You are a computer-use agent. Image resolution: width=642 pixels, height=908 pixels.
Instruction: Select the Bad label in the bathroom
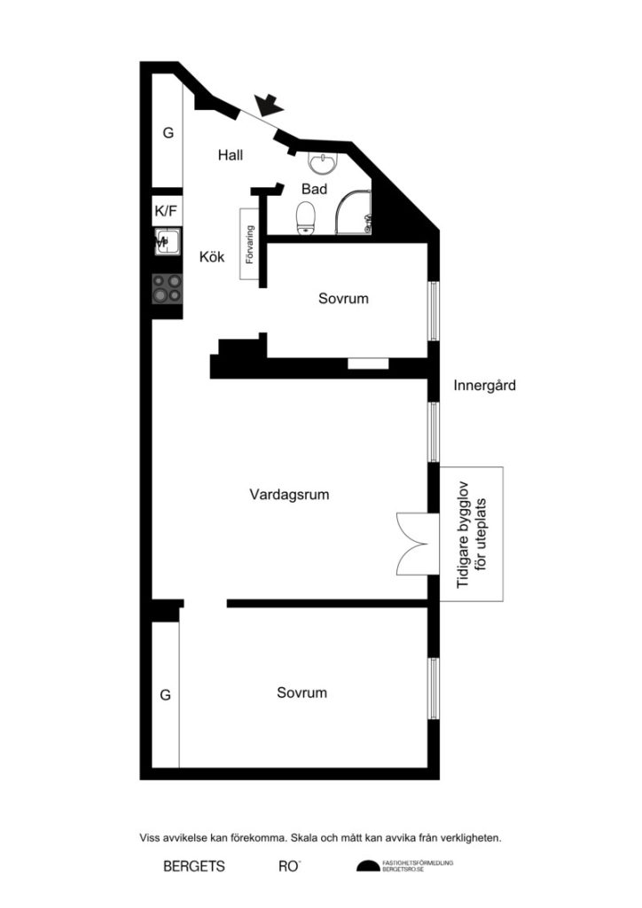click(314, 189)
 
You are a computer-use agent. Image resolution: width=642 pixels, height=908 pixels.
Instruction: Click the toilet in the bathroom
click(307, 215)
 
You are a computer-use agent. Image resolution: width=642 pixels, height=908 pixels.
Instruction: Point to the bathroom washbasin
click(322, 163)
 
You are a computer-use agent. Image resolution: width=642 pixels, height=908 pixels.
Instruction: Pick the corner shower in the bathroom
click(354, 213)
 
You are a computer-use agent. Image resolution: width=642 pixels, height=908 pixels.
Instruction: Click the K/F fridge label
click(166, 211)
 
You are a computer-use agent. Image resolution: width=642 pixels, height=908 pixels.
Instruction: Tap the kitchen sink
click(168, 240)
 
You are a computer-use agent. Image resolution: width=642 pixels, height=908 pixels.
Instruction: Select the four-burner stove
click(167, 287)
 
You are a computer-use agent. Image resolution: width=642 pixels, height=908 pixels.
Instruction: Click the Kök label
click(212, 257)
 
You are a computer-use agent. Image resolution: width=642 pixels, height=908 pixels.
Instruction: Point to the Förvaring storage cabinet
click(249, 244)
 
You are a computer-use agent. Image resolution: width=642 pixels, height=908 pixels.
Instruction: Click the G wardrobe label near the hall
click(167, 133)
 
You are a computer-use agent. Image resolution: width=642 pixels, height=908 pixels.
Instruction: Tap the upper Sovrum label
click(343, 299)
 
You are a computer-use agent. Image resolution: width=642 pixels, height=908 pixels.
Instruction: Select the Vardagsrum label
click(289, 495)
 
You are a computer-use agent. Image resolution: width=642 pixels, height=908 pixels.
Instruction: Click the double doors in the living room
click(413, 543)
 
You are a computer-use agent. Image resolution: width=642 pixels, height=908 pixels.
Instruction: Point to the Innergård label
click(484, 386)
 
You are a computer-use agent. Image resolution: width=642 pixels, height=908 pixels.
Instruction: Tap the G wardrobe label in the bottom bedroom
click(165, 695)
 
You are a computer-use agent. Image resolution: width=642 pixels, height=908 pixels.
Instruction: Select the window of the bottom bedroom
click(434, 688)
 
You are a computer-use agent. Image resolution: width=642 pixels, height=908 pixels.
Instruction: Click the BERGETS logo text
click(194, 866)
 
